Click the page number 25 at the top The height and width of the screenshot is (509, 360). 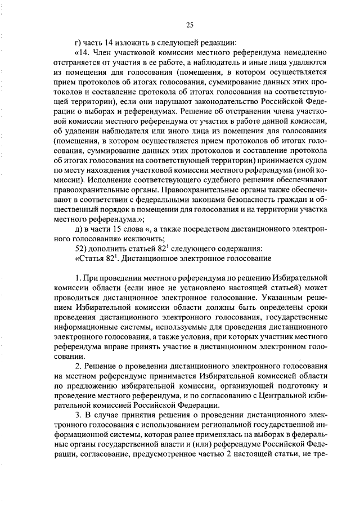pos(190,24)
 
